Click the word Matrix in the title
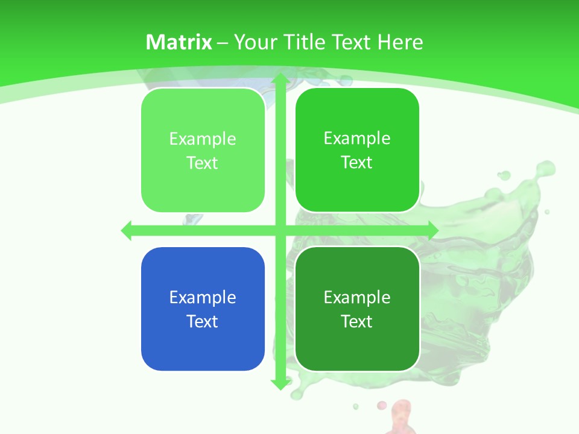[179, 42]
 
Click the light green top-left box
[203, 151]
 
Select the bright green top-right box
[357, 151]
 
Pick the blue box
[203, 309]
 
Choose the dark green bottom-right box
[357, 309]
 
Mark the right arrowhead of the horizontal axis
[432, 230]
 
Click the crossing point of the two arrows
[279, 230]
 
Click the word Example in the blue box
[203, 297]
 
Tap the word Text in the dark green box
[357, 321]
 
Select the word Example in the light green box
[203, 139]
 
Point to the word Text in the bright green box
[357, 163]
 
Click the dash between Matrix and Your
[223, 43]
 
